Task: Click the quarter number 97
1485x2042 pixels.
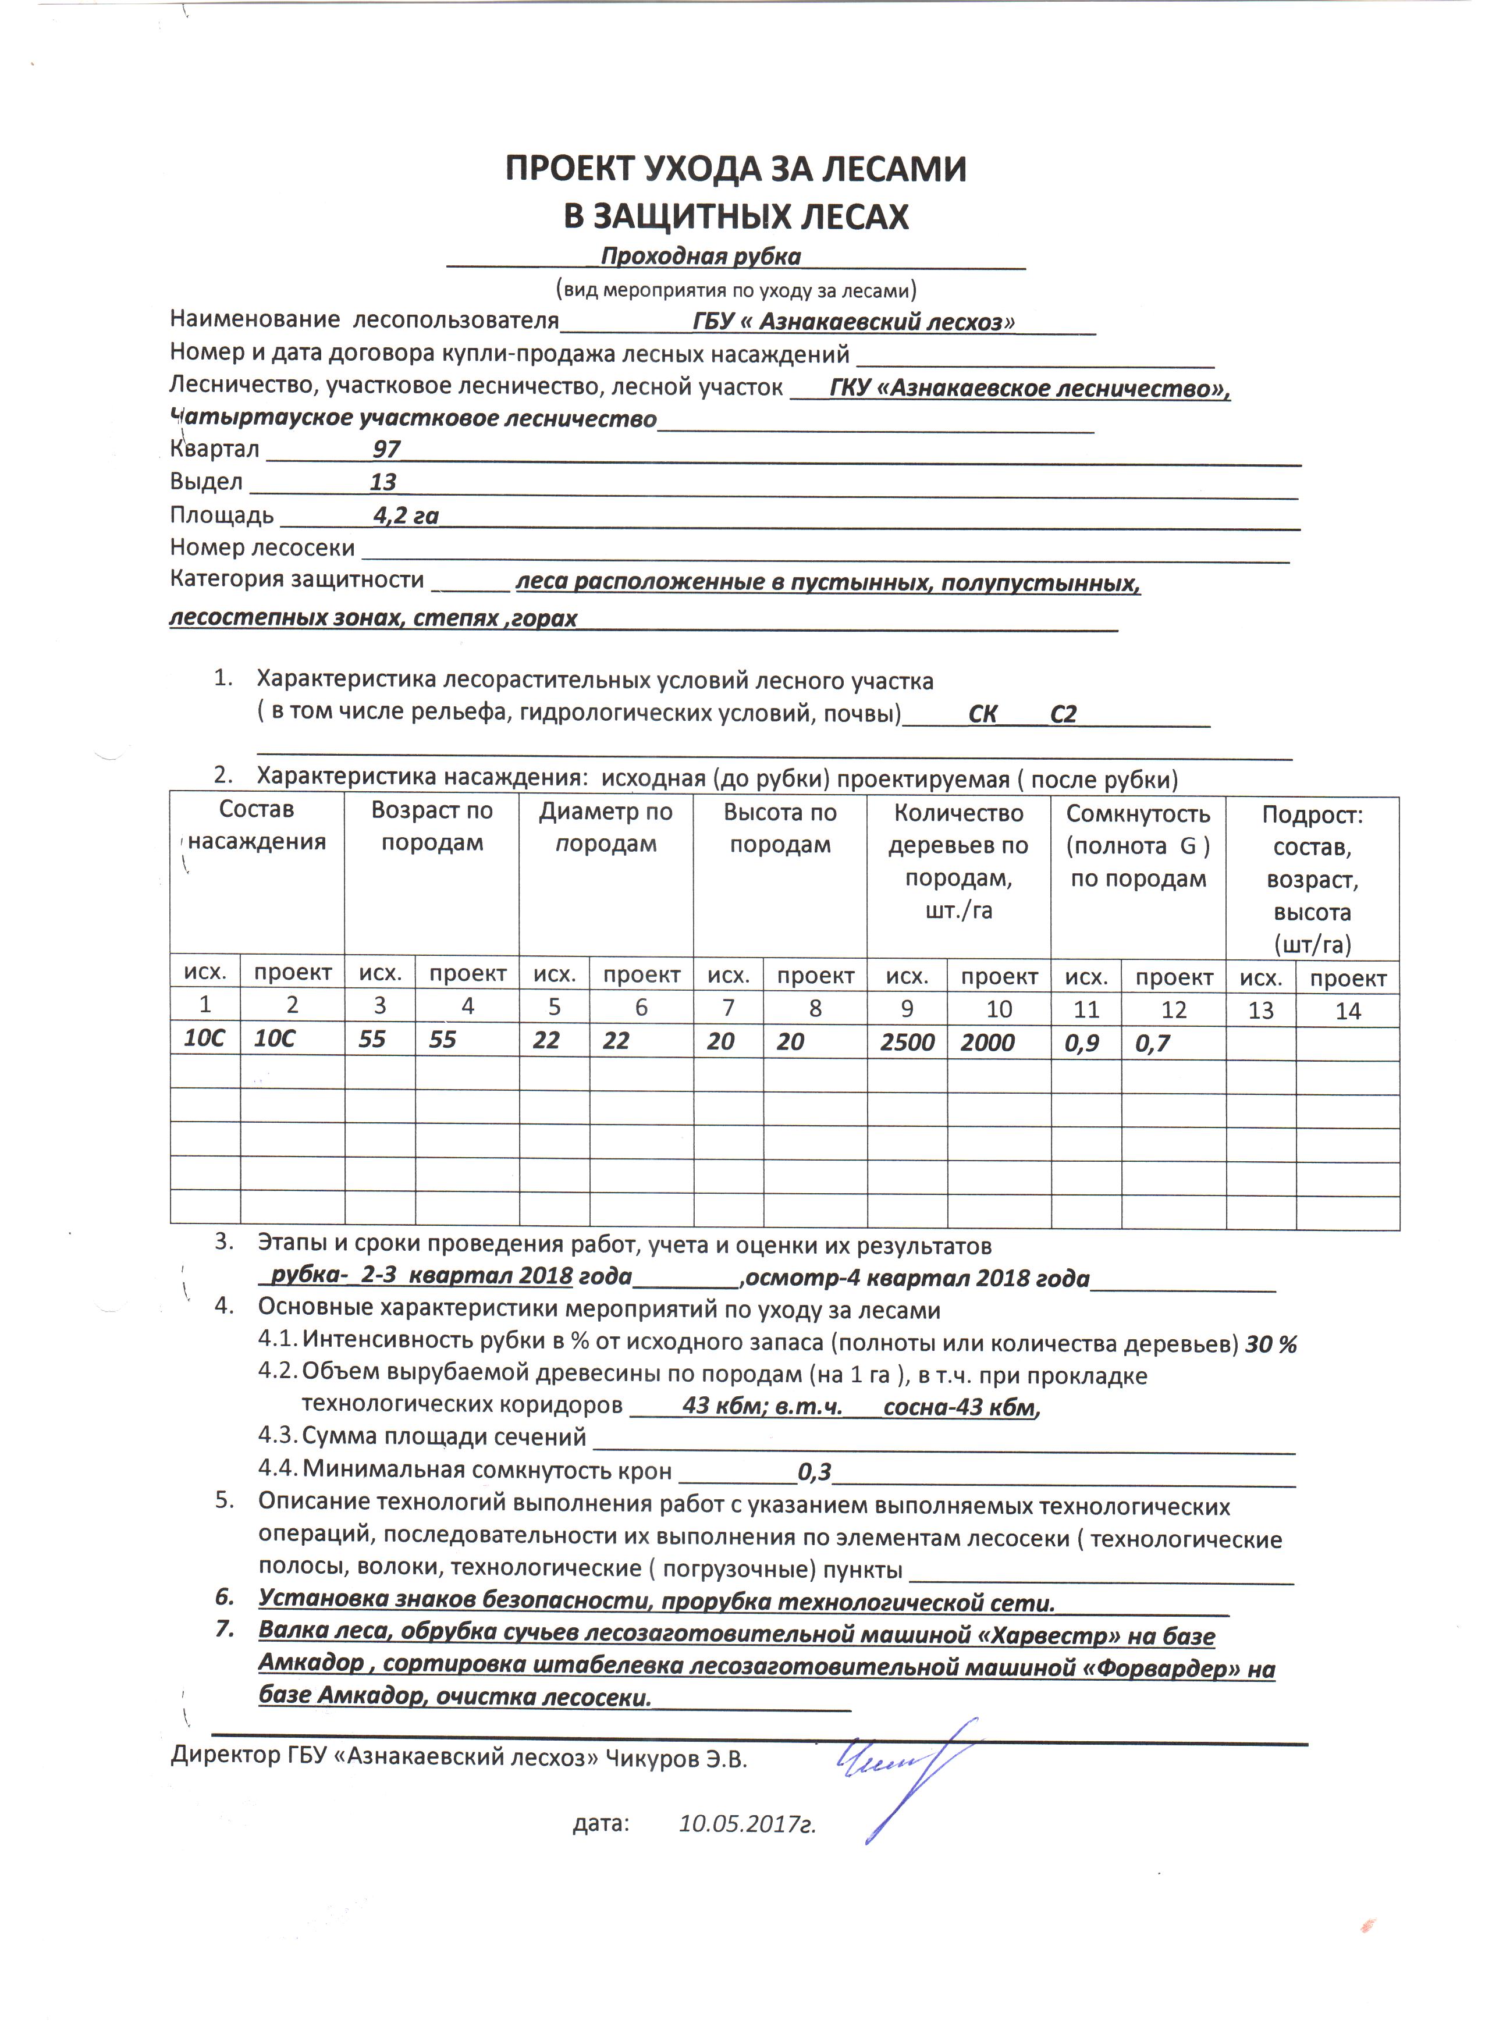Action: click(x=386, y=449)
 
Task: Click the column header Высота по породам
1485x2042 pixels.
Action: click(x=780, y=828)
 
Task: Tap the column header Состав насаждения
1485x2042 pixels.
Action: click(x=257, y=825)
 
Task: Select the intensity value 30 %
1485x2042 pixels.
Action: click(x=1271, y=1345)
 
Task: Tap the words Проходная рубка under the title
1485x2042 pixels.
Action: click(x=701, y=257)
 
